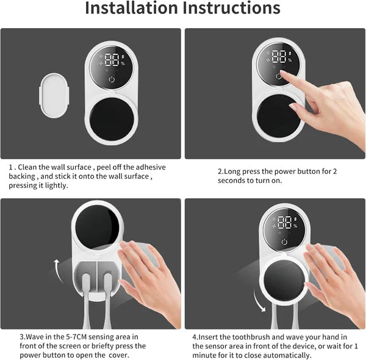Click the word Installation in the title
tap(129, 9)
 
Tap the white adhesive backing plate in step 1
tap(56, 95)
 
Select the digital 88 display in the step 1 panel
tap(112, 60)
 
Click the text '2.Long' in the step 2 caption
tap(230, 172)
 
